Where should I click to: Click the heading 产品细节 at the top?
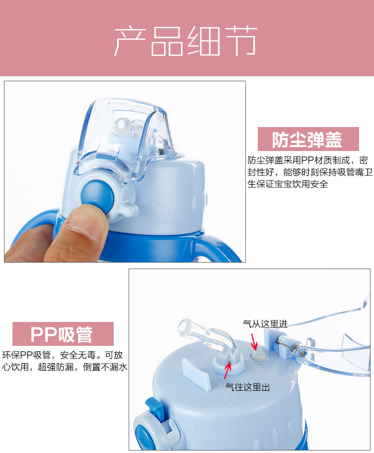pyautogui.click(x=186, y=41)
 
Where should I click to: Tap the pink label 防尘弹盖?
pyautogui.click(x=308, y=139)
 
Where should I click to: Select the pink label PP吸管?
pyautogui.click(x=63, y=334)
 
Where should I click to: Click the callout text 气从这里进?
pyautogui.click(x=265, y=324)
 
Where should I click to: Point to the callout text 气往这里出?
pyautogui.click(x=248, y=387)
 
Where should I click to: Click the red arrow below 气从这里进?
pyautogui.click(x=254, y=342)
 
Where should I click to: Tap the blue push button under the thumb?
pyautogui.click(x=97, y=195)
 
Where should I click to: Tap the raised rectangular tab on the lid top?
pyautogui.click(x=195, y=373)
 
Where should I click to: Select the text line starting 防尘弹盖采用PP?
pyautogui.click(x=308, y=160)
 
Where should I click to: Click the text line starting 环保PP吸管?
pyautogui.click(x=62, y=355)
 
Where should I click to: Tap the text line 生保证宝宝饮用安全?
pyautogui.click(x=288, y=184)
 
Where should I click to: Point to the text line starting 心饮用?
pyautogui.click(x=64, y=367)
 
